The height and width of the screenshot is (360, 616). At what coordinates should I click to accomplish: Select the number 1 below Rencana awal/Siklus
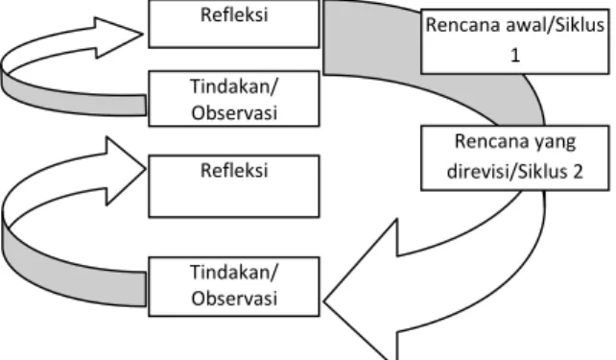(515, 55)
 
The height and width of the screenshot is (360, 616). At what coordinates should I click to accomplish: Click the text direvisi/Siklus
(503, 171)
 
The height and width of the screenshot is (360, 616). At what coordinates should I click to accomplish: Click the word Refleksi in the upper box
(234, 15)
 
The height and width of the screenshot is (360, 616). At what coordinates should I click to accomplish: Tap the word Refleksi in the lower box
(234, 171)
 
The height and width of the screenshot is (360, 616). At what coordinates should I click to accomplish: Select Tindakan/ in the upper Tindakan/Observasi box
(234, 86)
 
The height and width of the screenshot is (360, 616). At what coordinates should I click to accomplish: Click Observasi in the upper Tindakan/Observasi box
(234, 112)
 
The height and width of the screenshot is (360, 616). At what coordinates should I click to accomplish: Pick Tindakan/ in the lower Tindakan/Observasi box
(234, 272)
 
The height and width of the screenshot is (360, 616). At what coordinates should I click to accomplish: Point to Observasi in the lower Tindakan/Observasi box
(234, 298)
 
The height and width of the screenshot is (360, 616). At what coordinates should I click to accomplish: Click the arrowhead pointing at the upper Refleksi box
(118, 37)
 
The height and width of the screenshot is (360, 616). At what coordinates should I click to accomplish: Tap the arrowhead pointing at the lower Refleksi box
(125, 171)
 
